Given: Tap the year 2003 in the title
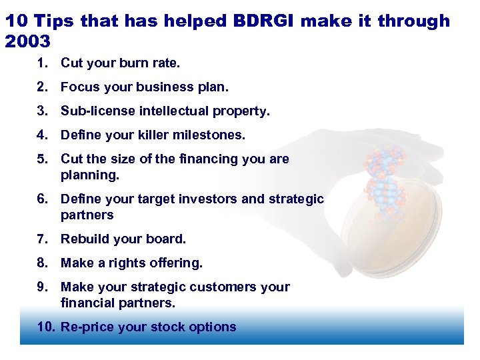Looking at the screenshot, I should [x=27, y=41].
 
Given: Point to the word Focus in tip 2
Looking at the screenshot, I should [x=78, y=87].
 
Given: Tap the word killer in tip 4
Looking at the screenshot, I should [x=152, y=135].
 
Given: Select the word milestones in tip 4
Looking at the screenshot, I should [x=209, y=135].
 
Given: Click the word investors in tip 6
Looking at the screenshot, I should [x=204, y=199].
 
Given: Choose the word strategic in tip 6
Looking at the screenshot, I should [x=296, y=199].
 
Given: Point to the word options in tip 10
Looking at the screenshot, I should [x=214, y=327].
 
